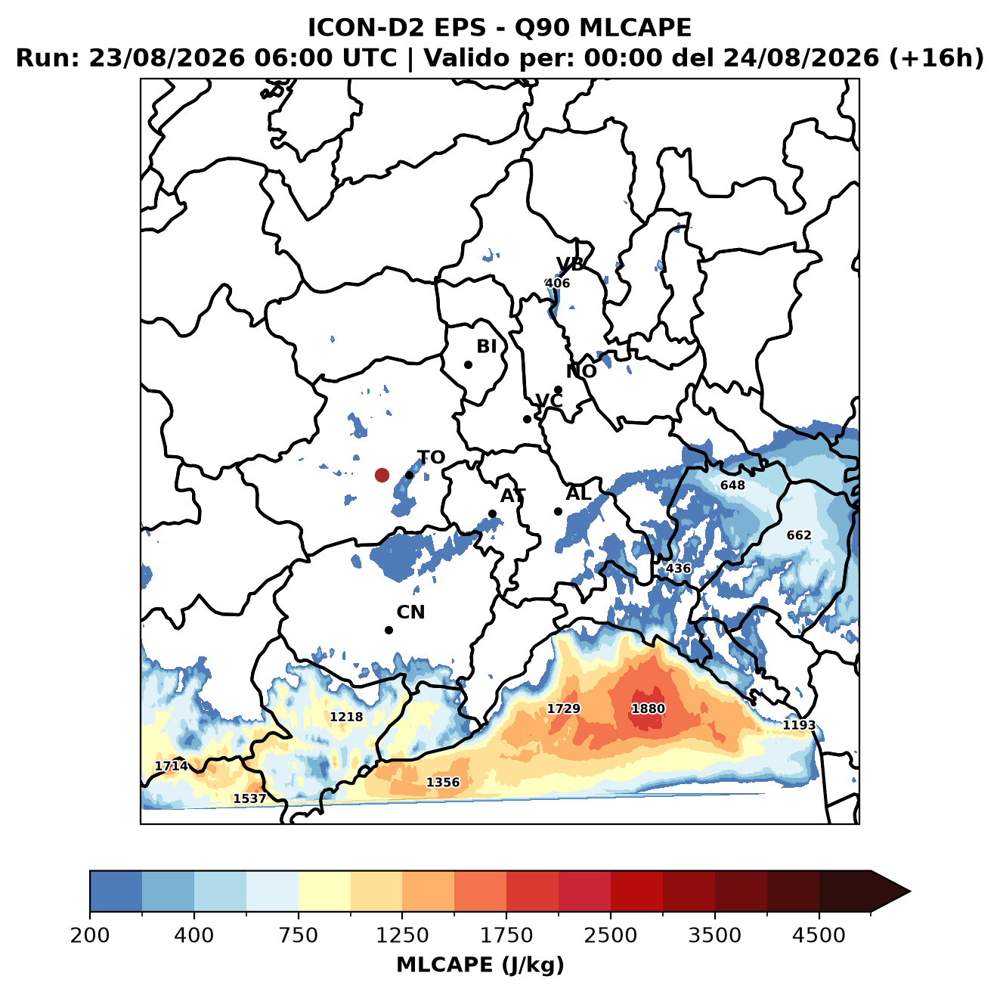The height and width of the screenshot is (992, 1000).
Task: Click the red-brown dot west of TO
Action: click(382, 475)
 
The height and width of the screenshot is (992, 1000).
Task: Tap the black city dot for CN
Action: click(389, 630)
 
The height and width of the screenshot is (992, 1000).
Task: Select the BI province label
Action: click(486, 346)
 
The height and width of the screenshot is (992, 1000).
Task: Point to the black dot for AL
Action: click(558, 511)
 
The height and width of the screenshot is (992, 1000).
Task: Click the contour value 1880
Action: click(648, 708)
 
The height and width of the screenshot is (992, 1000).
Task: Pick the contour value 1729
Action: click(564, 708)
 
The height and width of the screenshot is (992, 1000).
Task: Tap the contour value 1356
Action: click(443, 782)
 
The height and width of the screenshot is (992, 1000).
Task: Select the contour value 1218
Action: click(346, 717)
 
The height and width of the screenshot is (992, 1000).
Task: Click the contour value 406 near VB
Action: click(557, 283)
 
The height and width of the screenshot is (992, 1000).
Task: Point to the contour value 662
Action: click(799, 535)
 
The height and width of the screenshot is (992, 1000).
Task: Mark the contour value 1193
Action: click(799, 724)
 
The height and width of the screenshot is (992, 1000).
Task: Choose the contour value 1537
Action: click(249, 798)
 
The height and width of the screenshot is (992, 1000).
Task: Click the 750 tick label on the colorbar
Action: click(298, 935)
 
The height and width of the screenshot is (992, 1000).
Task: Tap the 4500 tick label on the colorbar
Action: click(819, 935)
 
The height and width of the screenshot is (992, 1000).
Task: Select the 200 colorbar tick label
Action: click(90, 935)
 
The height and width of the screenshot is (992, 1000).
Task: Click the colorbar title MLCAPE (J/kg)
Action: click(480, 965)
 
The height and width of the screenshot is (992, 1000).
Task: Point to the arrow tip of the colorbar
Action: click(910, 892)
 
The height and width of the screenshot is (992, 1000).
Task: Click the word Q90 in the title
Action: click(542, 27)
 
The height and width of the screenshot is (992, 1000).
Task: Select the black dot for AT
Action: click(492, 514)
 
